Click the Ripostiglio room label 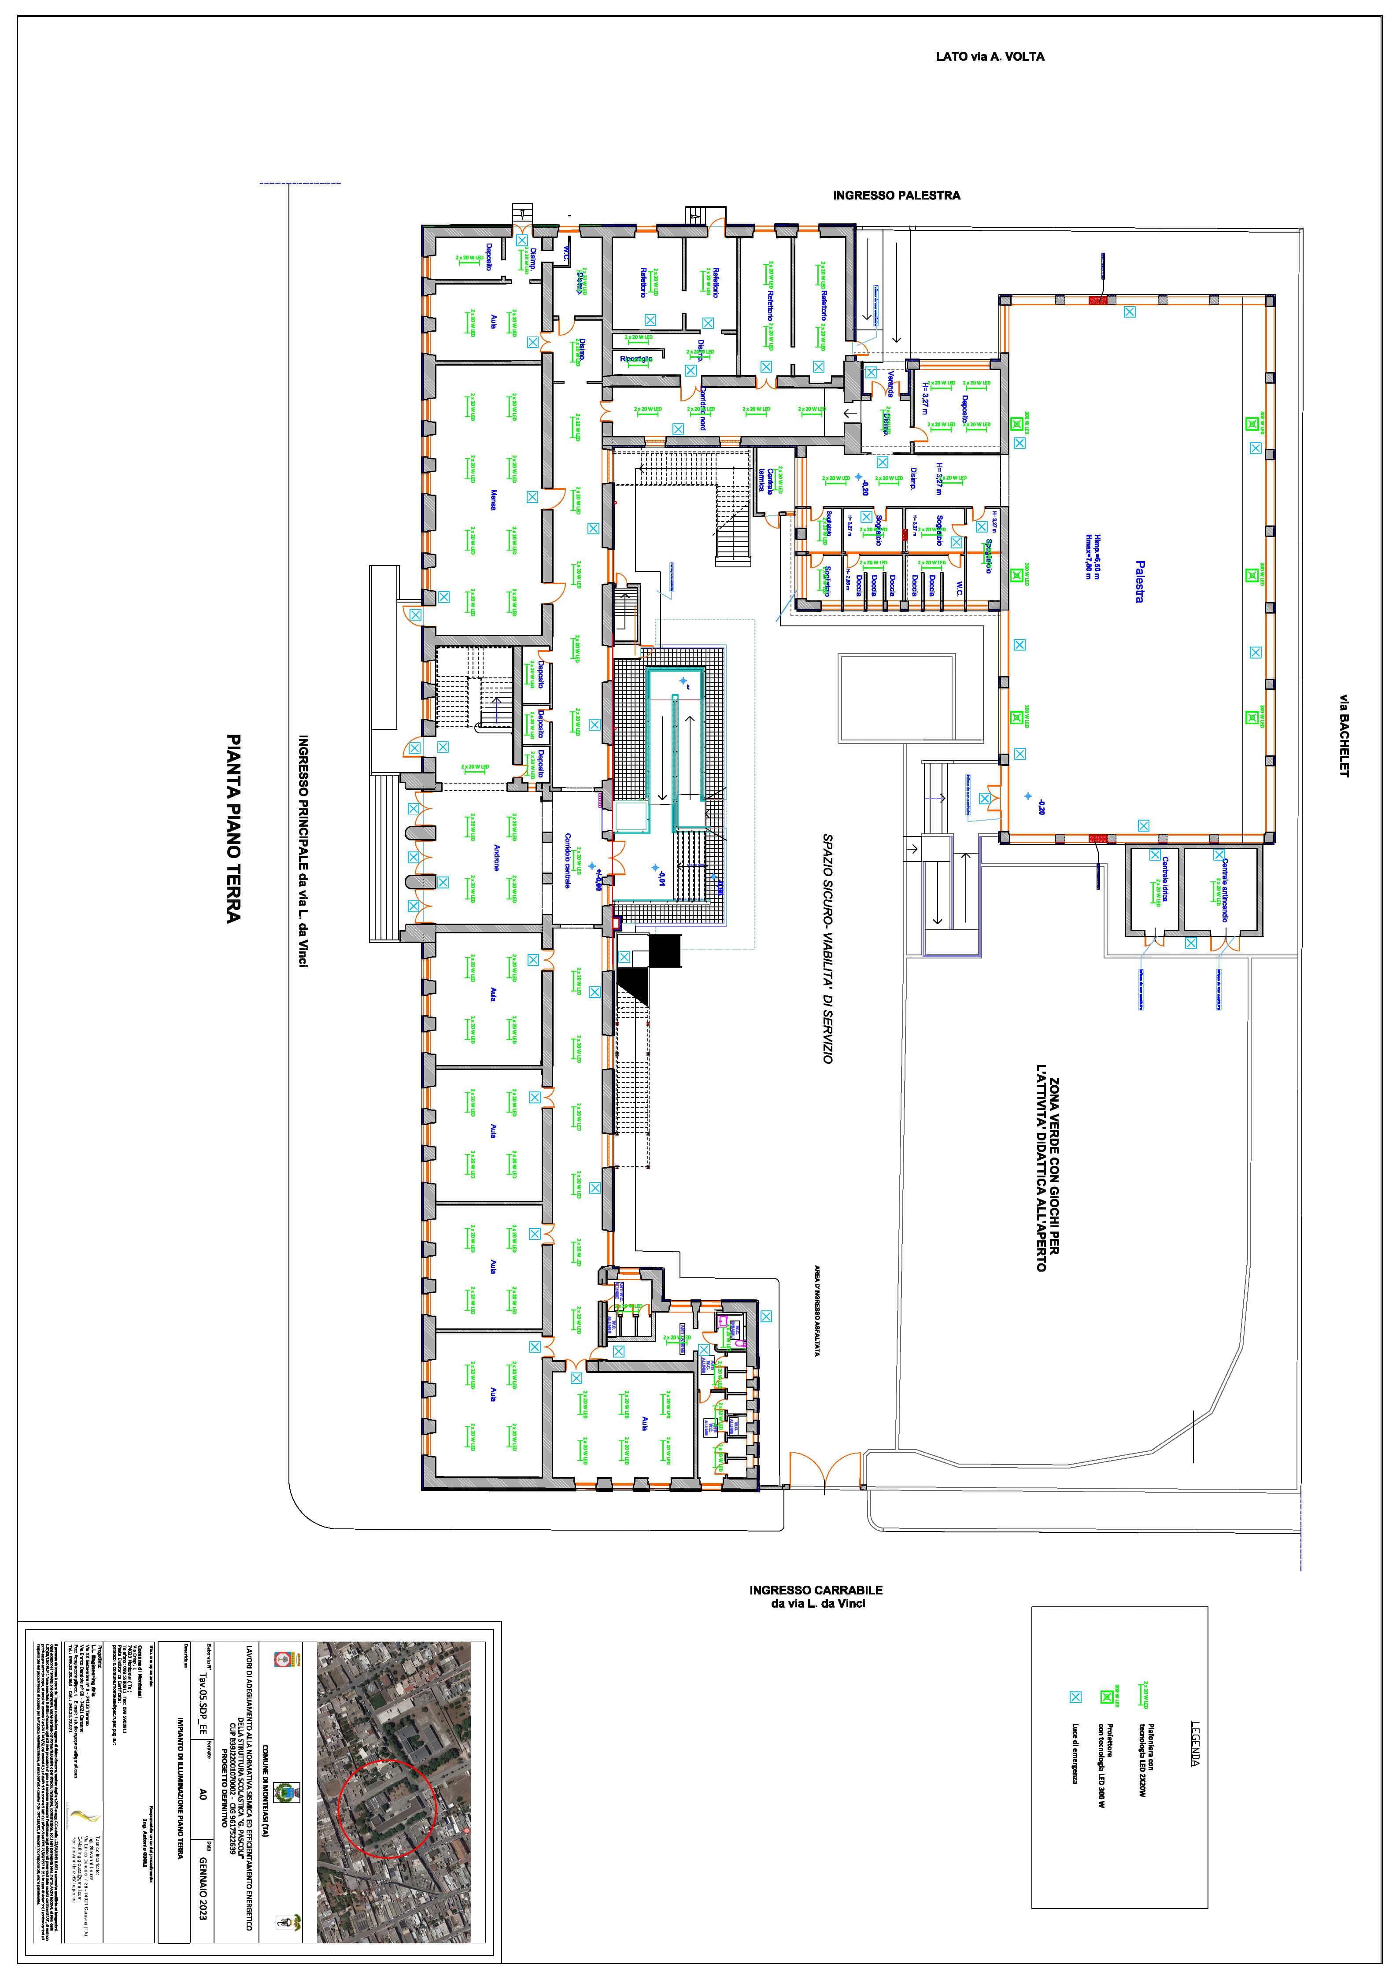point(636,358)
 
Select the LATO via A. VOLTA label point(990,57)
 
